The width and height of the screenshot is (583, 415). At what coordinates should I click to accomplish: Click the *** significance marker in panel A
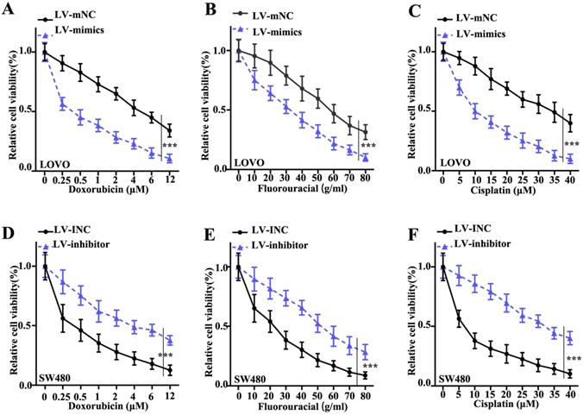pos(169,147)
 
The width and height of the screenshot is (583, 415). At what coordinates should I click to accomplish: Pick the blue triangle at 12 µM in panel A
pos(169,159)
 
